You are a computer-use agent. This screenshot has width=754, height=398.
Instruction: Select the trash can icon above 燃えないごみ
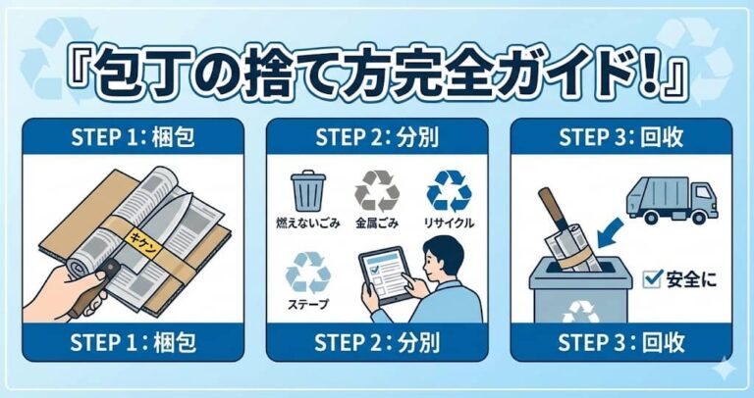(x=308, y=190)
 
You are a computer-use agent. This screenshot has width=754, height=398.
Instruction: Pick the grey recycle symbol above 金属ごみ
(x=376, y=190)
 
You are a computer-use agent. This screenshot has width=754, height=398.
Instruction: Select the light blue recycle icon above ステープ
(x=308, y=270)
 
